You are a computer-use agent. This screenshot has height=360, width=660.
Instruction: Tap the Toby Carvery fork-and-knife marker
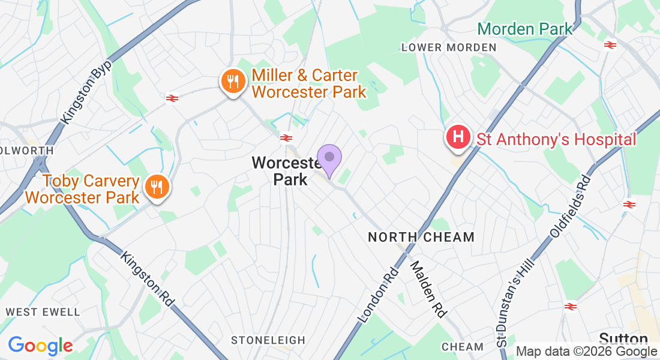(157, 187)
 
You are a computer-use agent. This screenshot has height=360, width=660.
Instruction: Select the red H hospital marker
(458, 137)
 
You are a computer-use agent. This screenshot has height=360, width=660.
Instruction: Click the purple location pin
(329, 158)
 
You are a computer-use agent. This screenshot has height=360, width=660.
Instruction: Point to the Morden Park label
(524, 28)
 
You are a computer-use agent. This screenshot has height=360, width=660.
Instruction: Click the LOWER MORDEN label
(449, 47)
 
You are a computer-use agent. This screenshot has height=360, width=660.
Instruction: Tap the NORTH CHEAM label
(421, 237)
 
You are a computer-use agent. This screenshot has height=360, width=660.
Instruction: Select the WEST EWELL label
(43, 312)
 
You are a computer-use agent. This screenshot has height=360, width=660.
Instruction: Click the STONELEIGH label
(268, 340)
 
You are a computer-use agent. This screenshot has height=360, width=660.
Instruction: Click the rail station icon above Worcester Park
(286, 138)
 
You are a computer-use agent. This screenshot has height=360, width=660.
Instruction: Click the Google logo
(40, 346)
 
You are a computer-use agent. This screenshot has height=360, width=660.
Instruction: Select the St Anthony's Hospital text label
(556, 139)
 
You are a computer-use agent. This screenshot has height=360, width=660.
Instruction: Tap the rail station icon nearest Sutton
(571, 307)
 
